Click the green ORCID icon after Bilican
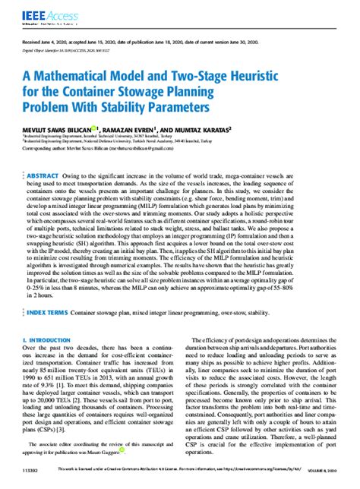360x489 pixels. (x=93, y=128)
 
